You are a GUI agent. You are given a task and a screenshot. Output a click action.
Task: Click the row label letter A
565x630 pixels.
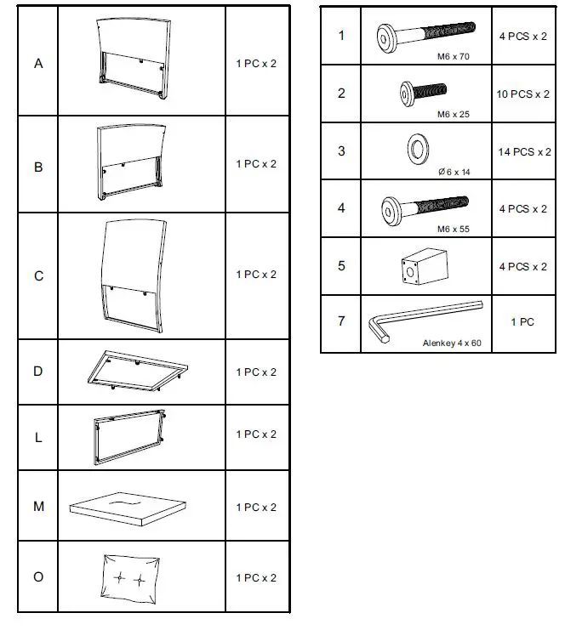pyautogui.click(x=38, y=64)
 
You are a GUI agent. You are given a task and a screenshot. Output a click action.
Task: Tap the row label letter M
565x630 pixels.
pyautogui.click(x=38, y=507)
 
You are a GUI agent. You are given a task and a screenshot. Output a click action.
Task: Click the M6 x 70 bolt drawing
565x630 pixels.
pyautogui.click(x=422, y=37)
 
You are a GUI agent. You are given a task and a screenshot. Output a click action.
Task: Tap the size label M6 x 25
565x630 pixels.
pyautogui.click(x=452, y=113)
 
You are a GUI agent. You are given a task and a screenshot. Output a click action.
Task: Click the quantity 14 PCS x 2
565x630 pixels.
pyautogui.click(x=523, y=152)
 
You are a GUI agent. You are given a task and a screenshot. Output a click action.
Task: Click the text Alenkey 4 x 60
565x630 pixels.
pyautogui.click(x=452, y=343)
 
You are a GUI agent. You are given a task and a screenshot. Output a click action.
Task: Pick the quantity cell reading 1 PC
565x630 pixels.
pyautogui.click(x=522, y=322)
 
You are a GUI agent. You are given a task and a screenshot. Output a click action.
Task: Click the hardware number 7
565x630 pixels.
pyautogui.click(x=341, y=321)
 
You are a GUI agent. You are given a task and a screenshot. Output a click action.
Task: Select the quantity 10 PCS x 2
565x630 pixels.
pyautogui.click(x=523, y=94)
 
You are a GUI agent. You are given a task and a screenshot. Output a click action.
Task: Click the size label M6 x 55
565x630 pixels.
pyautogui.click(x=452, y=229)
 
